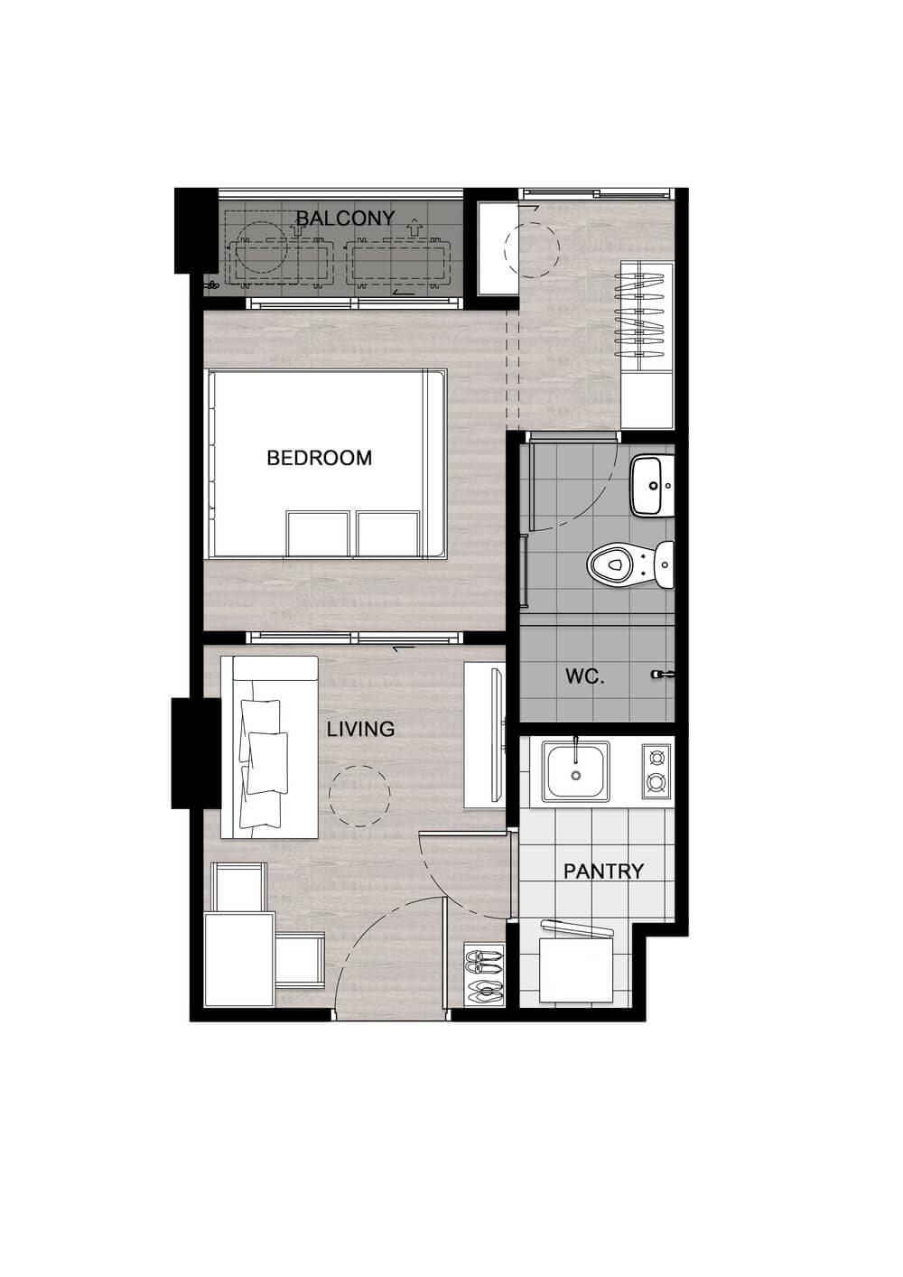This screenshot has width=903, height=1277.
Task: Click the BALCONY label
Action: (346, 218)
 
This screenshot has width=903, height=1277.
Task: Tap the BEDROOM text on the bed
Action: (320, 458)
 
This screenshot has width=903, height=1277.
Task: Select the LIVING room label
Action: (360, 729)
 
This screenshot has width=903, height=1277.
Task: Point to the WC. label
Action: (584, 676)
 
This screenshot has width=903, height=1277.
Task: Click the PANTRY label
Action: (603, 872)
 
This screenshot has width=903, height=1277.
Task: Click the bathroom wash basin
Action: (652, 486)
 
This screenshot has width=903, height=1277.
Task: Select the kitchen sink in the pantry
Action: (575, 769)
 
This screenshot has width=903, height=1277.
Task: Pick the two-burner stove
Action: (656, 771)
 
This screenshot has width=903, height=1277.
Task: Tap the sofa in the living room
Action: (269, 748)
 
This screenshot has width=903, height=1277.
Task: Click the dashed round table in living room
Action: (359, 796)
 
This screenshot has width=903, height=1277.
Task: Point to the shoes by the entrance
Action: (485, 976)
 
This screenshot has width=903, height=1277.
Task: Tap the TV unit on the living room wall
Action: (484, 735)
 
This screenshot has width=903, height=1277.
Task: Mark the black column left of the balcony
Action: (196, 230)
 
